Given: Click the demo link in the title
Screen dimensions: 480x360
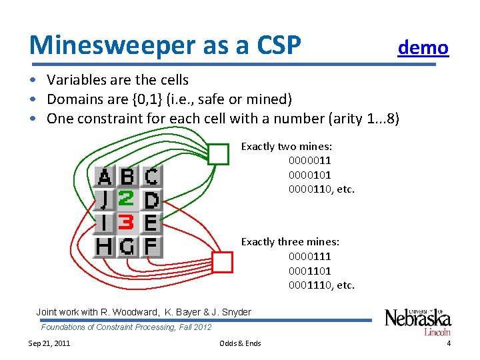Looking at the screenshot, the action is [423, 47].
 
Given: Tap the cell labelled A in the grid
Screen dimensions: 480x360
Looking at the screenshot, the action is [105, 177].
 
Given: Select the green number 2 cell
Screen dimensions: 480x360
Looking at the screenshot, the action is [127, 199].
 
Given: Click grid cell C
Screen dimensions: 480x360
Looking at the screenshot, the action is [151, 177].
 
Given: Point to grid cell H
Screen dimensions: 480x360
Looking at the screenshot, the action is [105, 247].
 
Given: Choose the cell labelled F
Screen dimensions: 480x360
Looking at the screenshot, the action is [151, 247].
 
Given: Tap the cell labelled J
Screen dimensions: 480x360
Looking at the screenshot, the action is [105, 199].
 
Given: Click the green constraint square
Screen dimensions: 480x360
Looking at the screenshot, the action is [218, 155].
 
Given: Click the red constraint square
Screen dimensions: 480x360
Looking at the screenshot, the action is [222, 262].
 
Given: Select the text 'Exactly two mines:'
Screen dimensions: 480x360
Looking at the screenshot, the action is [287, 146].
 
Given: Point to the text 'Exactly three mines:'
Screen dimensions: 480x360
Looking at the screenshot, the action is [290, 241].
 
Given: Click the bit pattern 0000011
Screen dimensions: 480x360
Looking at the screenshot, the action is [309, 161].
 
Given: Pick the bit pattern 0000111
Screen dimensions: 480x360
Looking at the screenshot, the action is [309, 256].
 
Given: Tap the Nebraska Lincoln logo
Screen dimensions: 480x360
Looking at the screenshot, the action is [418, 321].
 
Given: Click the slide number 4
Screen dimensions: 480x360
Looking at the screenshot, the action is [449, 343].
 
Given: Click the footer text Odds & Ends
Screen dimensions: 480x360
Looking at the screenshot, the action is [240, 343].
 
